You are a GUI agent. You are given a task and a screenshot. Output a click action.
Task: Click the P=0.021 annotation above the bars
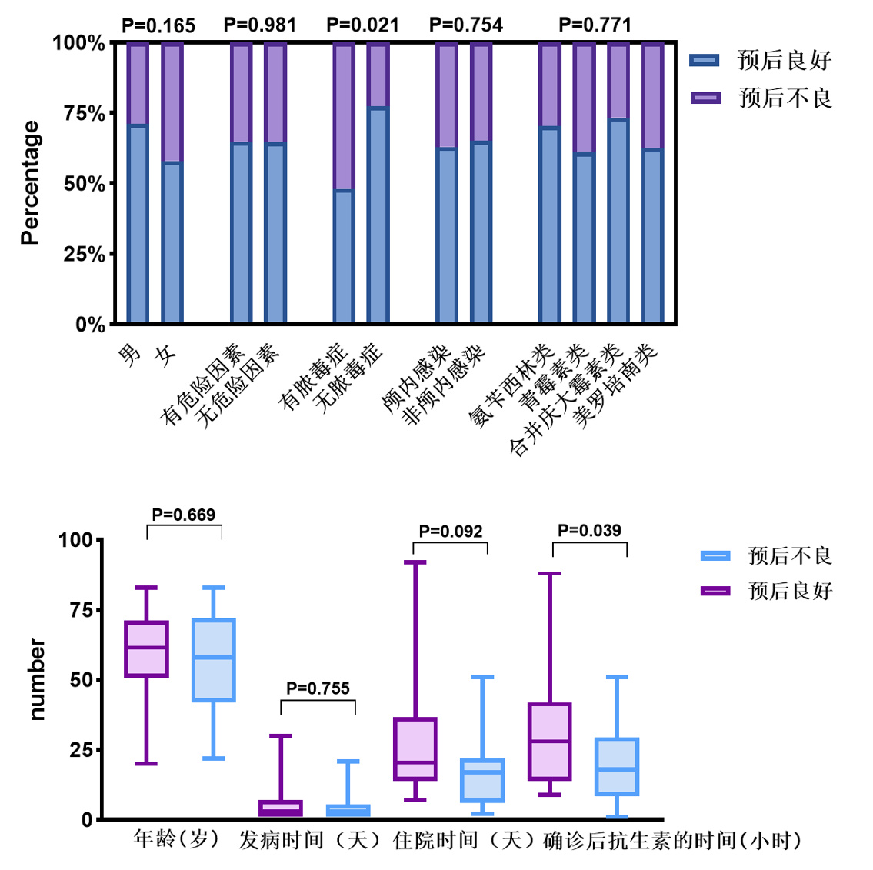click(363, 25)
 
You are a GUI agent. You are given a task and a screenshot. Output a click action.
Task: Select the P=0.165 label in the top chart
click(158, 26)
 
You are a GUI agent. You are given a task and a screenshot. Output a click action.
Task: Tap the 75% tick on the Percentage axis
click(85, 114)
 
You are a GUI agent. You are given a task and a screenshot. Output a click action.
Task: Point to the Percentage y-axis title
click(30, 183)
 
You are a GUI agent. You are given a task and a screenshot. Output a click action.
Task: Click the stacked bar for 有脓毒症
click(344, 183)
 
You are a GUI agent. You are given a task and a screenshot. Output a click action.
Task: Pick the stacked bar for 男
click(138, 183)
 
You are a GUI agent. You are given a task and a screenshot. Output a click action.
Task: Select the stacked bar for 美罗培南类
click(653, 183)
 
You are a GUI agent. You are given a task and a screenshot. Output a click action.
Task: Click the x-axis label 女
click(165, 355)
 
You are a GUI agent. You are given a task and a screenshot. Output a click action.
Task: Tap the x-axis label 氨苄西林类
click(511, 385)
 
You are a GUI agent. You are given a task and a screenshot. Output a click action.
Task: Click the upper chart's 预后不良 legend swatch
click(705, 98)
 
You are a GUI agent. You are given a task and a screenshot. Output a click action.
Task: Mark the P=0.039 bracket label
click(589, 531)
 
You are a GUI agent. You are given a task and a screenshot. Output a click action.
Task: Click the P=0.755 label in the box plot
click(318, 688)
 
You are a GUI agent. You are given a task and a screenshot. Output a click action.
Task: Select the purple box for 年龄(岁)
click(146, 648)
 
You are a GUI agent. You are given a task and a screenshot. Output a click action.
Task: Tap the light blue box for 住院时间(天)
click(482, 780)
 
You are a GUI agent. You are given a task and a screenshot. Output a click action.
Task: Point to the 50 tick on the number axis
click(81, 680)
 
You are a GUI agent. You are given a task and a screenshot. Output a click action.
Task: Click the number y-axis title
click(36, 679)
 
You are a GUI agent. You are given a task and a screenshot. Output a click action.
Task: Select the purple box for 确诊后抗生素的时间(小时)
click(550, 741)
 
